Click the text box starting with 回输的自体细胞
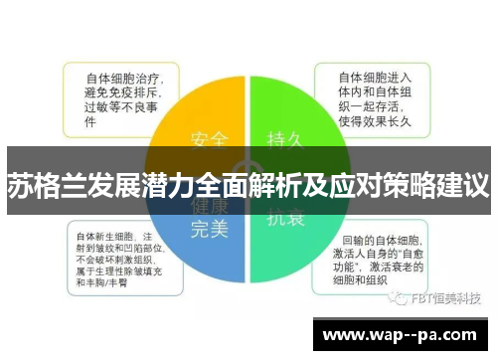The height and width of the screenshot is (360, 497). point(383,261)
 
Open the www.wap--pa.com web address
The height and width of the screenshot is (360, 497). point(403,335)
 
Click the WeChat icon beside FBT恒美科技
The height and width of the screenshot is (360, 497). point(400,297)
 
